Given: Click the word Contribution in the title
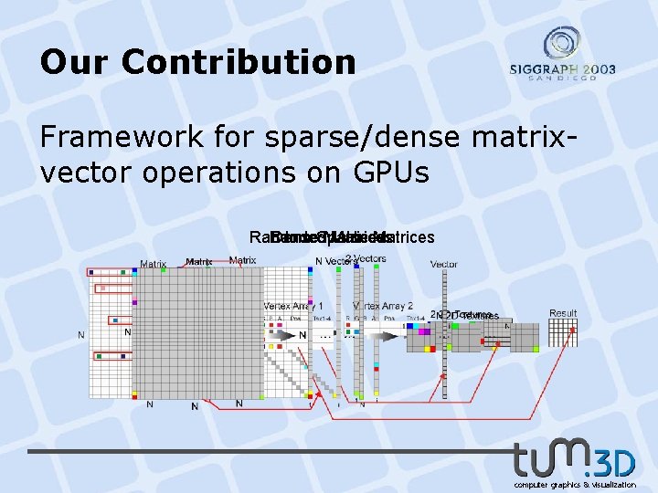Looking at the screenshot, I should [x=239, y=62].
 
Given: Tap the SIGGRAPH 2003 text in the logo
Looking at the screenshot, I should [x=563, y=69].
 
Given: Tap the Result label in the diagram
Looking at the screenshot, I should [x=563, y=313].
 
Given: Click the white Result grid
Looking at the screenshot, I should [x=563, y=333].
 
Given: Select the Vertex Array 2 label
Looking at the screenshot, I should [x=384, y=306].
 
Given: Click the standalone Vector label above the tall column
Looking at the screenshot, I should [x=444, y=264].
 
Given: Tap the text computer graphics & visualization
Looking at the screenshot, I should [x=575, y=485].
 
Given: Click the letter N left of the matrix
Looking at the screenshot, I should [x=80, y=335].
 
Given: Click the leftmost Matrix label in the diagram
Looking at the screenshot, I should [x=153, y=265].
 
